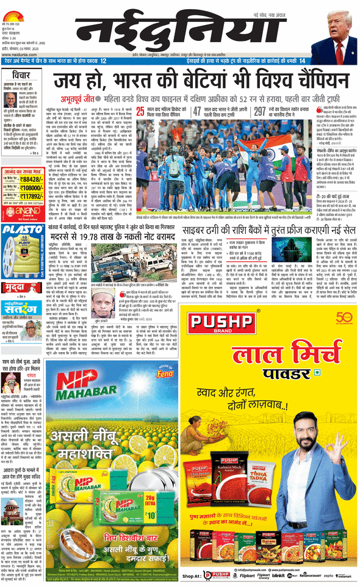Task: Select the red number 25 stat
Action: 141,111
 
